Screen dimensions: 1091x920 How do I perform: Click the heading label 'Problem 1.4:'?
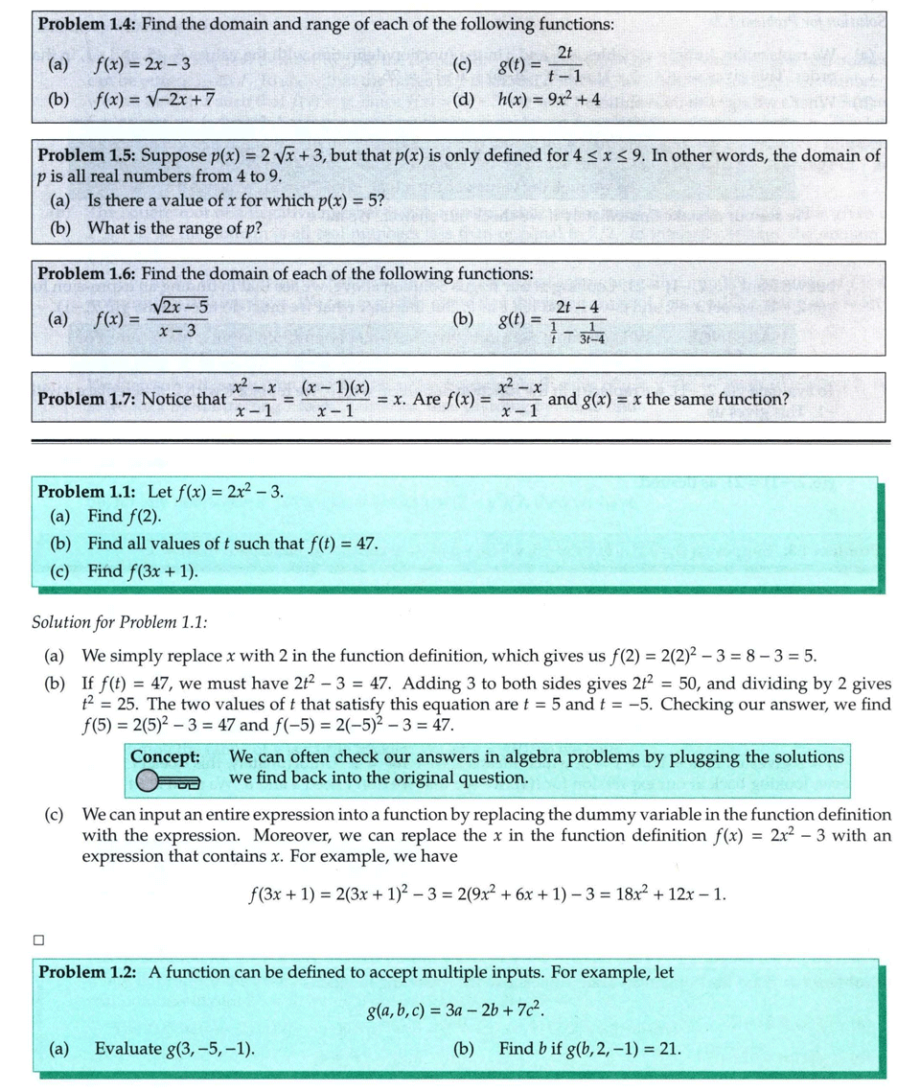(85, 24)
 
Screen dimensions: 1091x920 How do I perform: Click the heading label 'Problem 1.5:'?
(85, 155)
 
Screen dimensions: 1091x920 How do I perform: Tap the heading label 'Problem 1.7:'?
(85, 398)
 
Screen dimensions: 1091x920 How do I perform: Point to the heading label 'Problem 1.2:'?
(87, 972)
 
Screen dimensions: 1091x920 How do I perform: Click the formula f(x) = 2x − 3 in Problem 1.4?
(143, 65)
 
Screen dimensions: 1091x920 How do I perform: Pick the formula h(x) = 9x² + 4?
(549, 98)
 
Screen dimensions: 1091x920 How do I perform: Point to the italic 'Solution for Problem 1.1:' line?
(120, 621)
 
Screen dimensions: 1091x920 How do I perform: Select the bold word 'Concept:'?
(166, 756)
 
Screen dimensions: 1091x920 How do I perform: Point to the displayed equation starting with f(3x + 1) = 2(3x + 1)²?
(487, 895)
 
